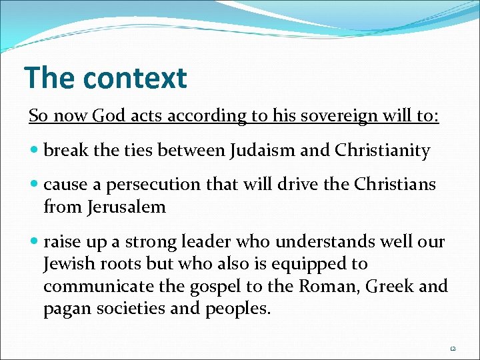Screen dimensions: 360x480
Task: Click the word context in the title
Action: [135, 78]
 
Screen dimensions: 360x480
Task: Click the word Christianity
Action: [383, 151]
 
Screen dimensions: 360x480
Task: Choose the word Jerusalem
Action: [127, 207]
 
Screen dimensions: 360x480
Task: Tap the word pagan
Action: [65, 309]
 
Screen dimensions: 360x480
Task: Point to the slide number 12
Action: [453, 348]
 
